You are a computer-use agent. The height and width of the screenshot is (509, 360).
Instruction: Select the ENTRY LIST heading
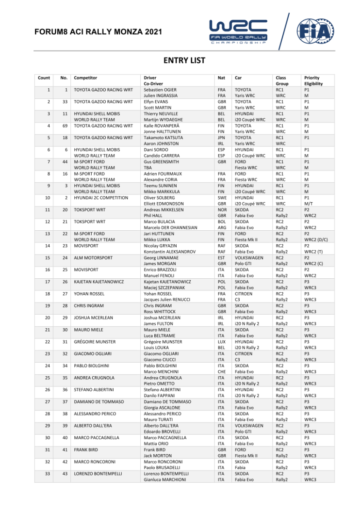point(184,61)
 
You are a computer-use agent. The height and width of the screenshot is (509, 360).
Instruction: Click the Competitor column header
point(85,78)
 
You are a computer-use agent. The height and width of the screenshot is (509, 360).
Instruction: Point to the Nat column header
point(221,78)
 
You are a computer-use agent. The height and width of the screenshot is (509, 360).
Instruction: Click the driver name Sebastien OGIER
point(160,90)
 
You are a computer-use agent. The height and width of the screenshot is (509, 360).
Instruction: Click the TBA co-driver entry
point(148,168)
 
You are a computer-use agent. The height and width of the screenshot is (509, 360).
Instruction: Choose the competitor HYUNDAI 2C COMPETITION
point(101,198)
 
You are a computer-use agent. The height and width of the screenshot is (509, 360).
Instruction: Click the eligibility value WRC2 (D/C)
point(317,239)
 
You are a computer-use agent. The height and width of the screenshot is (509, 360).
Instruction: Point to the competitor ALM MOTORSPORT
point(93,257)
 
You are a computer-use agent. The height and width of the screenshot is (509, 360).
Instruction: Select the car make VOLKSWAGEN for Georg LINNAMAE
point(249,257)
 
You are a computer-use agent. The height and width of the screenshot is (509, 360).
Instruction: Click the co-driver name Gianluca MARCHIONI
point(165,480)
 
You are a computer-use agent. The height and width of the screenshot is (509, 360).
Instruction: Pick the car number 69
point(64,126)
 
